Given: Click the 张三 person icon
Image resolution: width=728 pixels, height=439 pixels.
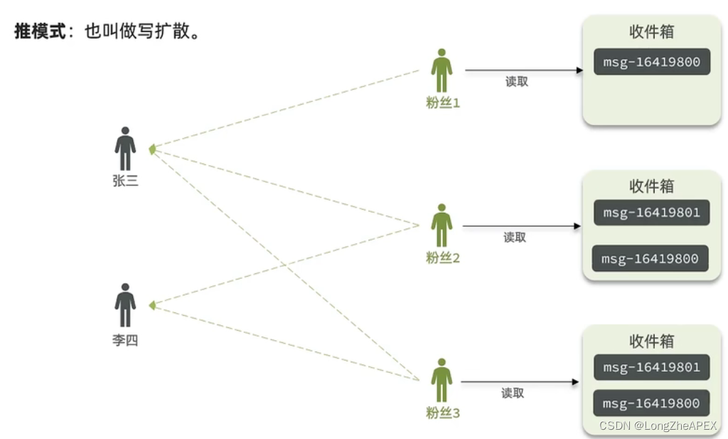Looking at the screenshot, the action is pos(125,149).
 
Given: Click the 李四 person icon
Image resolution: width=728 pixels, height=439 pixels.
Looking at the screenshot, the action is pos(125,305).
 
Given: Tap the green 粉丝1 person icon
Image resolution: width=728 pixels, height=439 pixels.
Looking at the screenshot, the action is pos(441,70).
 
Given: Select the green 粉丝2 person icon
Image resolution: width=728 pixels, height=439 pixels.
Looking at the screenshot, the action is pos(441,226).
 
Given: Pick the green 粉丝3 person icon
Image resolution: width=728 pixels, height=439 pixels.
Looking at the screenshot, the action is pos(441,380).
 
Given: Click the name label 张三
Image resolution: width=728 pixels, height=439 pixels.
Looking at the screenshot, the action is pos(125,181).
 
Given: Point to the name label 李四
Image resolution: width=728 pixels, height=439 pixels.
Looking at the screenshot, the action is pos(125,340).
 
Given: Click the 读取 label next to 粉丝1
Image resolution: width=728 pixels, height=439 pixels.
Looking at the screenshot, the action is pos(517,82).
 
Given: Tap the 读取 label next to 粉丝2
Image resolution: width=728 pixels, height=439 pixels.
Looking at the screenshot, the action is pos(515,238).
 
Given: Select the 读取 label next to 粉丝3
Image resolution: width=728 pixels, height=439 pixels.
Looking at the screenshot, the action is pos(513,393).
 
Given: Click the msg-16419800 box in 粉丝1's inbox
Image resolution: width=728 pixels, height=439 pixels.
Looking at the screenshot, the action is pos(652,62).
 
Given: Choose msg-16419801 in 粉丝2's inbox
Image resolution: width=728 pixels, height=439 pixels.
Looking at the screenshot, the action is pos(652,212).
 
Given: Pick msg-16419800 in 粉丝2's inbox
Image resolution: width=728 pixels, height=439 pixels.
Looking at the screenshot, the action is pos(651,258).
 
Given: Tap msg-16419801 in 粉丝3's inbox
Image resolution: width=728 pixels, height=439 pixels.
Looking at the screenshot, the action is pos(652,367).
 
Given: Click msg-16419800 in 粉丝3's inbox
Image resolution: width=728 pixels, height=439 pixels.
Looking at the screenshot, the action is pos(651,403).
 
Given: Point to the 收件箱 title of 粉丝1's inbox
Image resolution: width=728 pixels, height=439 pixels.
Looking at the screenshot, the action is pos(651,32).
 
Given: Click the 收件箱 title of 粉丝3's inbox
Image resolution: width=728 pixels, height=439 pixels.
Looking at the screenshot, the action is pos(651,341).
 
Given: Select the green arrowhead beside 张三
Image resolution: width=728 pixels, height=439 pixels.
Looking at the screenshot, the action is pos(151,149).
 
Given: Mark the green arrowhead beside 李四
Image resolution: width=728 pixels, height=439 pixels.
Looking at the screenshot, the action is pos(151,305).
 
